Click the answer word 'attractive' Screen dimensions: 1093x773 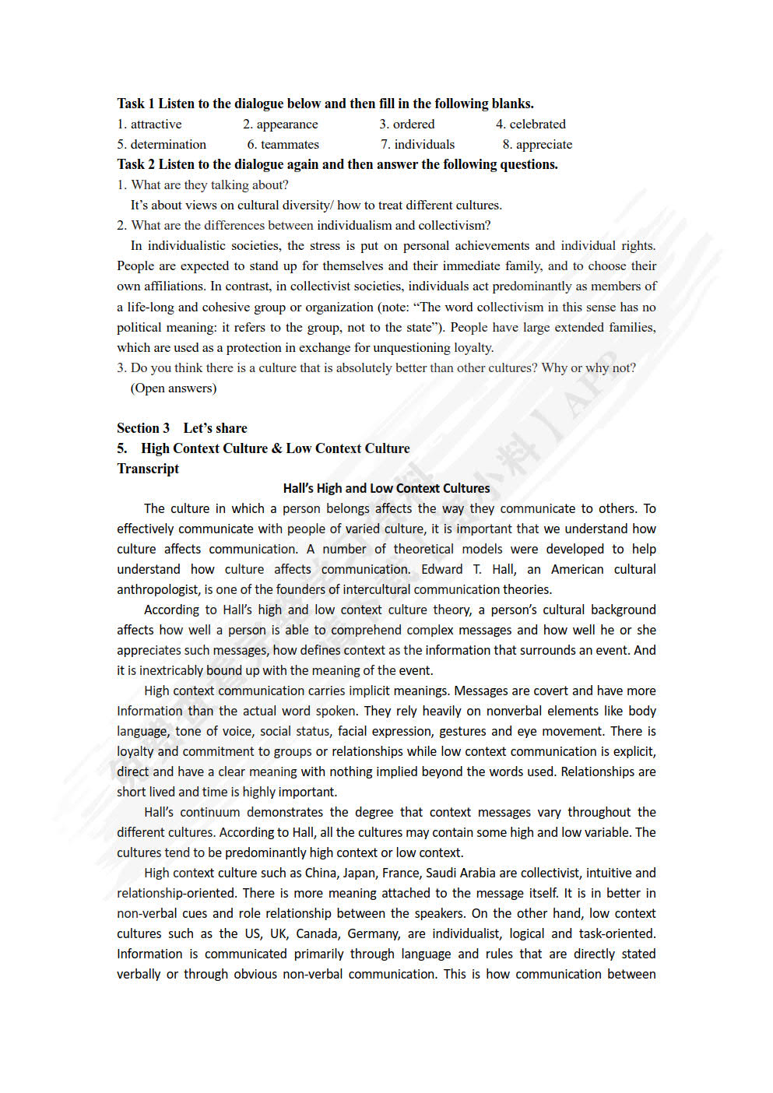(x=156, y=124)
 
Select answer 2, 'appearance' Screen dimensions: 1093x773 (x=287, y=124)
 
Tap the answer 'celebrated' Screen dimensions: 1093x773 (x=537, y=124)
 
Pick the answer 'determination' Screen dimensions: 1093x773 (x=168, y=144)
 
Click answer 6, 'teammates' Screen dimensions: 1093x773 (x=290, y=144)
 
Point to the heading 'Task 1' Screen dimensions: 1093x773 (x=135, y=104)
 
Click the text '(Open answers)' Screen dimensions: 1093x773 (x=173, y=388)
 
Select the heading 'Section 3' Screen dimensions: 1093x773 (x=143, y=428)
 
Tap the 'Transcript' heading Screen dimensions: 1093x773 (x=148, y=469)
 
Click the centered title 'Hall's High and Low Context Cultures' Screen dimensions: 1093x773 (x=386, y=488)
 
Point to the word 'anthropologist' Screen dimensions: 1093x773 (x=158, y=589)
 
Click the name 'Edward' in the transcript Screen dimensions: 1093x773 (x=441, y=569)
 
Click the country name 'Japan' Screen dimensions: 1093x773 (x=359, y=873)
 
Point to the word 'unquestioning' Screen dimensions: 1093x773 (x=411, y=347)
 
